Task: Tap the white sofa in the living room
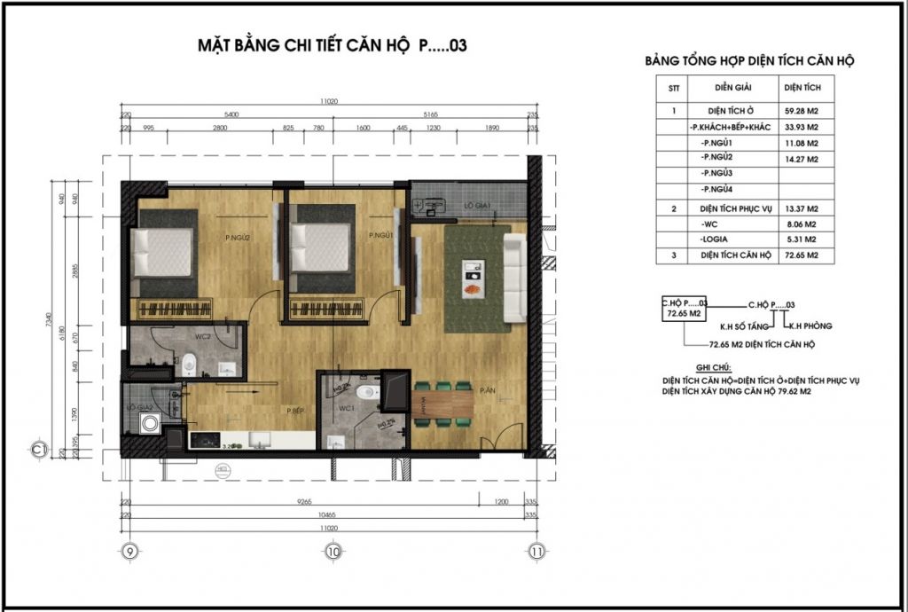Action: point(513,278)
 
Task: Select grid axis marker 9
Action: point(130,552)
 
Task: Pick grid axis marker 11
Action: point(536,552)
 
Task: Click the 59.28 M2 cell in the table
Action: point(799,111)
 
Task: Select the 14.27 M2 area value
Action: point(799,159)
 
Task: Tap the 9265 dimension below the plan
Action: point(303,501)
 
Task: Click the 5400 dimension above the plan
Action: point(232,115)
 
